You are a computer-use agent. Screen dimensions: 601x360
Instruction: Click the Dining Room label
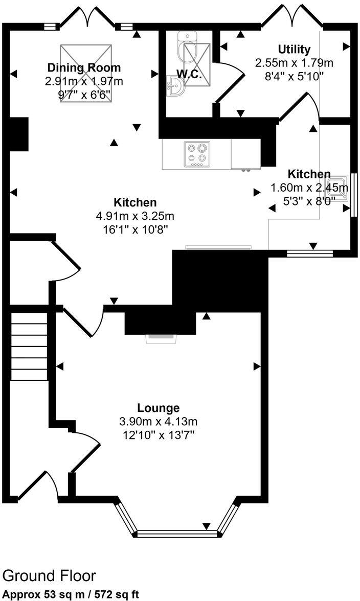(x=84, y=67)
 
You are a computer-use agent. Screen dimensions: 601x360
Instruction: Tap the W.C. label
(x=190, y=74)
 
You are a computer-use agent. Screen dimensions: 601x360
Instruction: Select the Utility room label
(x=294, y=50)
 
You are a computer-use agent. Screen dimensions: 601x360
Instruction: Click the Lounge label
(x=158, y=408)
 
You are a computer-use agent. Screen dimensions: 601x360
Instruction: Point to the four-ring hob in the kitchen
(x=197, y=154)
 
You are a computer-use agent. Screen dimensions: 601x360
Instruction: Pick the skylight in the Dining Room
(x=86, y=73)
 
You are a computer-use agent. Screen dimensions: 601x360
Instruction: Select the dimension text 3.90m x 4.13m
(x=158, y=422)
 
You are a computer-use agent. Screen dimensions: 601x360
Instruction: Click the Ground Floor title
(x=49, y=576)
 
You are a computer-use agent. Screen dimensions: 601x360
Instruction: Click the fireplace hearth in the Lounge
(x=161, y=338)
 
